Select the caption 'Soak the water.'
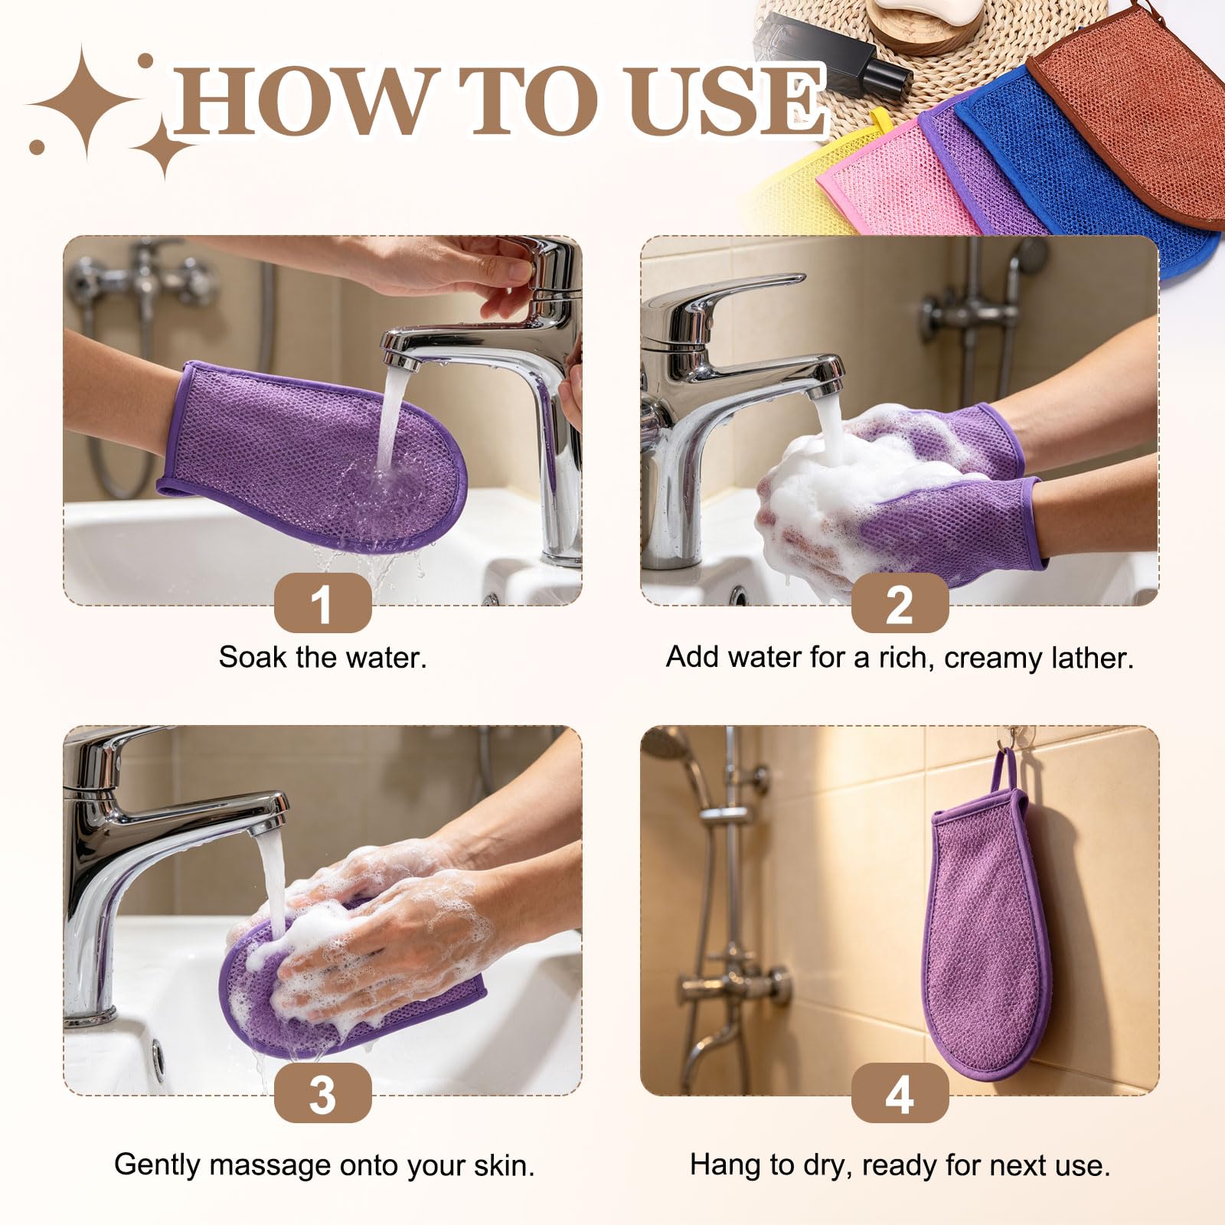point(322,658)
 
